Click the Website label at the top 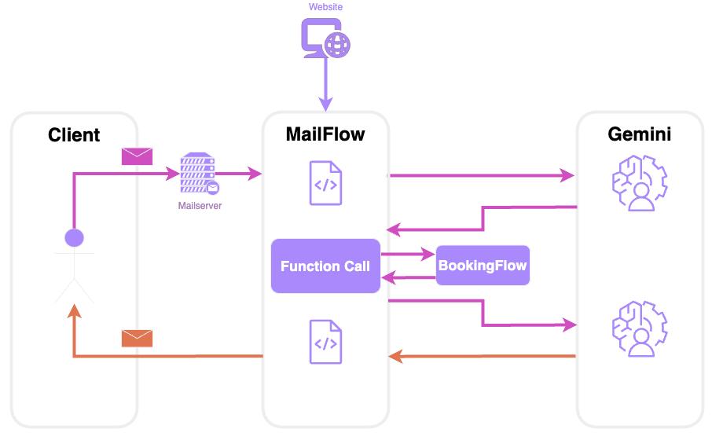pyautogui.click(x=325, y=7)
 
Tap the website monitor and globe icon pyautogui.click(x=325, y=37)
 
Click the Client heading pyautogui.click(x=74, y=134)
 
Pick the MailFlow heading pyautogui.click(x=325, y=134)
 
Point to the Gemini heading pyautogui.click(x=640, y=134)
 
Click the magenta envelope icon pyautogui.click(x=137, y=156)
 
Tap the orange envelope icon pyautogui.click(x=137, y=338)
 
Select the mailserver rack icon pyautogui.click(x=198, y=174)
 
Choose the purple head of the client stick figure pyautogui.click(x=74, y=237)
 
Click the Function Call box pyautogui.click(x=325, y=266)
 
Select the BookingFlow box pyautogui.click(x=483, y=266)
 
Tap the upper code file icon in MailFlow pyautogui.click(x=325, y=183)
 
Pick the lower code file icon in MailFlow pyautogui.click(x=325, y=342)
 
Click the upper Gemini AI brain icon pyautogui.click(x=638, y=183)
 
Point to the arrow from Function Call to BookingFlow pyautogui.click(x=408, y=255)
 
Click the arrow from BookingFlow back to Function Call pyautogui.click(x=408, y=277)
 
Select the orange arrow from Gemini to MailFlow pyautogui.click(x=483, y=357)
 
